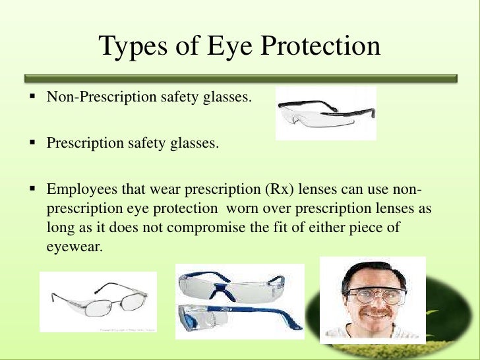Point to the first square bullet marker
31,97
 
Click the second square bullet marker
31,142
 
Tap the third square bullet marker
31,188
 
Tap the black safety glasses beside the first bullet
325,112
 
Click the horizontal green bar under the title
240,78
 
